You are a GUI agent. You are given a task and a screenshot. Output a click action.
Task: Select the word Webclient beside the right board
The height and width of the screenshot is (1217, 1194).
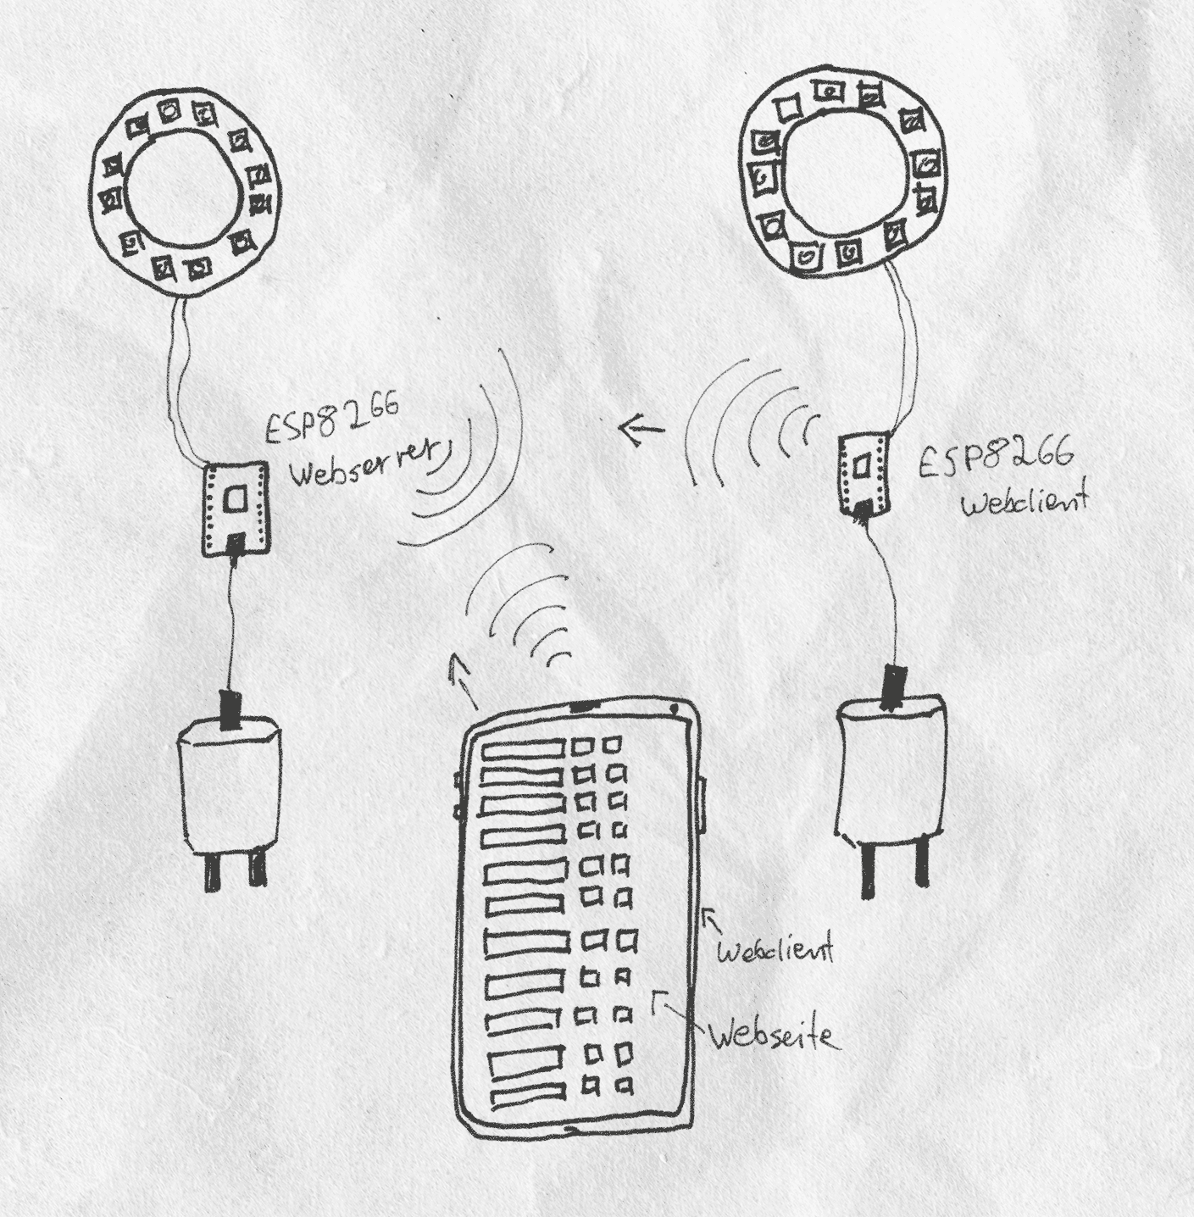1025,501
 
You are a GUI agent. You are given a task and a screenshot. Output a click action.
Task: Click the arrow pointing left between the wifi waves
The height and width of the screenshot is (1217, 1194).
641,430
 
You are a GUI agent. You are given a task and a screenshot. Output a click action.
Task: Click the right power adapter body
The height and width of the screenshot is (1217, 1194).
891,768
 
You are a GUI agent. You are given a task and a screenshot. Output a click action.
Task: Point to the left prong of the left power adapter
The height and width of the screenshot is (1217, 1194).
211,872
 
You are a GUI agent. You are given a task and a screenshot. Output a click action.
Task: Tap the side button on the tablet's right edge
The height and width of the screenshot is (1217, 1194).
703,802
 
